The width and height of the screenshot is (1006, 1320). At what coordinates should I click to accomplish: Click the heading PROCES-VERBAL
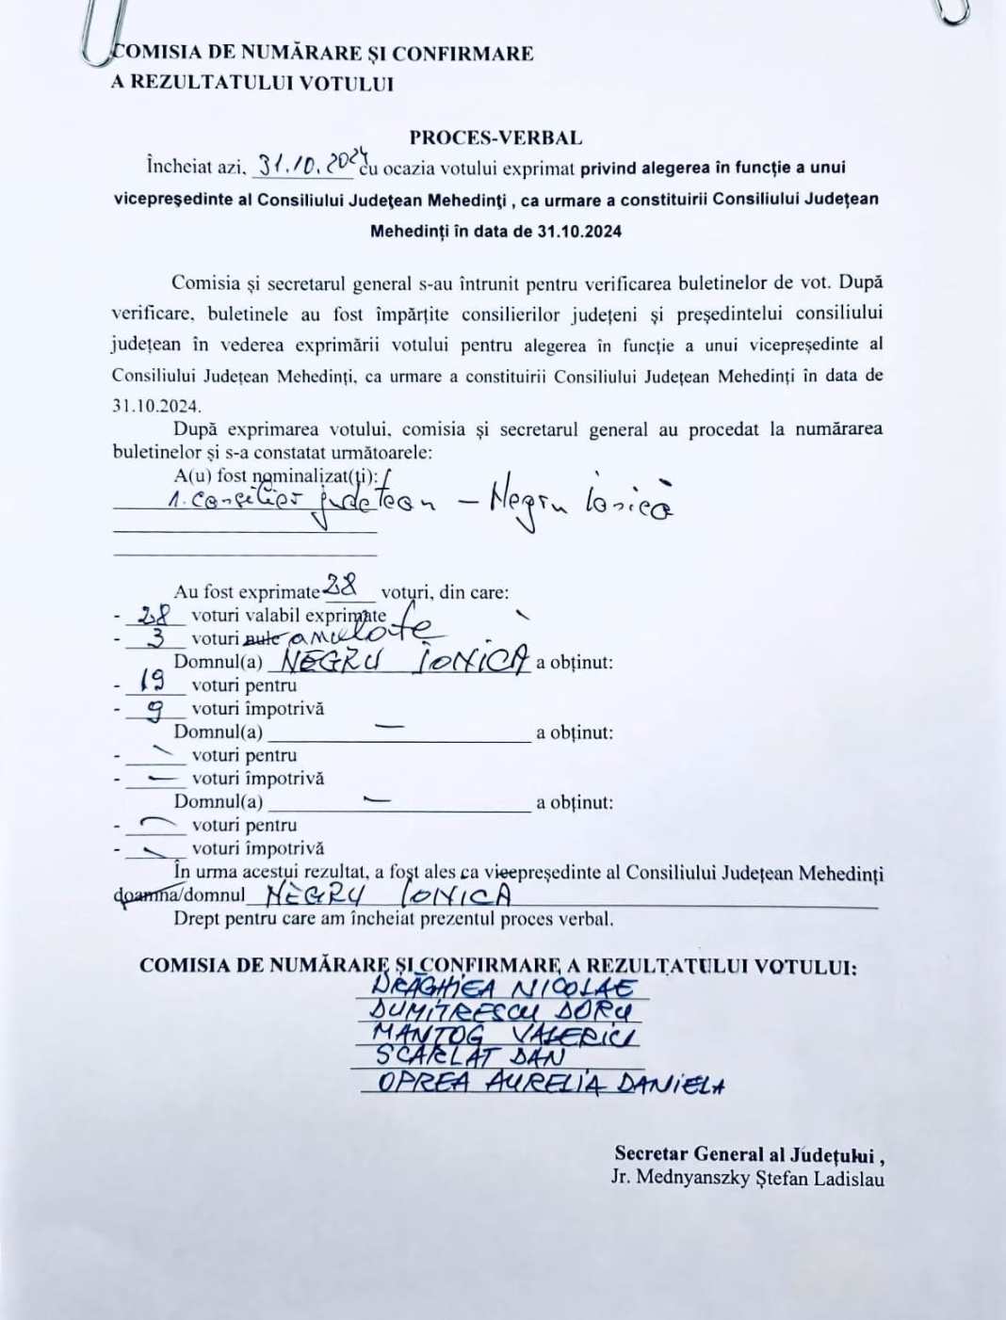coord(495,137)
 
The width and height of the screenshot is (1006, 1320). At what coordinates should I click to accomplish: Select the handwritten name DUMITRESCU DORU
coord(500,1012)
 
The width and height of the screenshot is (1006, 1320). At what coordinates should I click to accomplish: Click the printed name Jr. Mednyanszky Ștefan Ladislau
coord(747,1178)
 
